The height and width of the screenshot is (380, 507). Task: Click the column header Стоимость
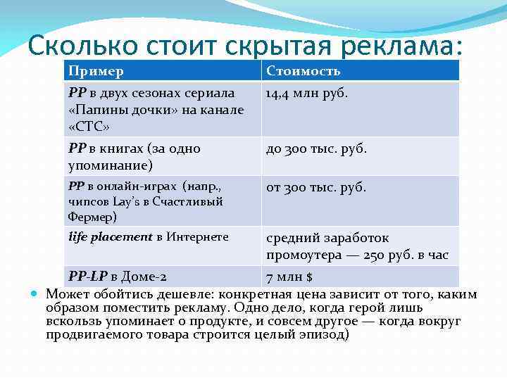pyautogui.click(x=303, y=71)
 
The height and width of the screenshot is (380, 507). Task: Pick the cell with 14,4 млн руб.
pyautogui.click(x=306, y=93)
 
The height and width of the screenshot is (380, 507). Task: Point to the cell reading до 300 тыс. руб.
pyautogui.click(x=316, y=149)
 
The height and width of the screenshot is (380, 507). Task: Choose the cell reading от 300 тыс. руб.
pyautogui.click(x=315, y=188)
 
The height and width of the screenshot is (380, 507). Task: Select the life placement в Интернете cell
pyautogui.click(x=149, y=237)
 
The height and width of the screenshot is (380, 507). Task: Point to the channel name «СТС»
pyautogui.click(x=89, y=126)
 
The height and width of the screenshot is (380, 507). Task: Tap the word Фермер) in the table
pyautogui.click(x=93, y=217)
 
